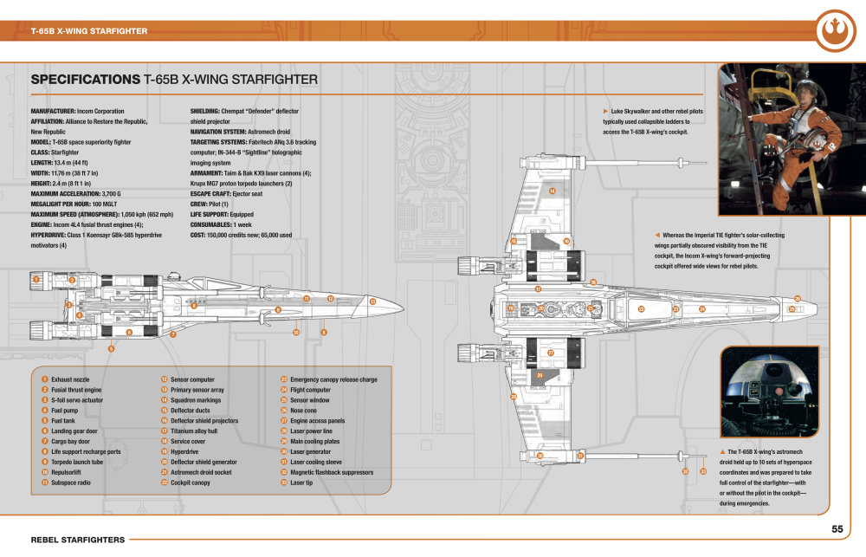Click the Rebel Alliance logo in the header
click(835, 31)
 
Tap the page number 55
click(837, 529)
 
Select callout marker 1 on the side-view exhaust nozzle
click(36, 280)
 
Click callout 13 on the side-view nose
click(372, 301)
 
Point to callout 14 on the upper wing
click(552, 191)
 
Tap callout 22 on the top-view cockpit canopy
click(642, 309)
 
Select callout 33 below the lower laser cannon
click(703, 471)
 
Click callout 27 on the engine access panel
click(551, 353)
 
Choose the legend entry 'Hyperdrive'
click(185, 451)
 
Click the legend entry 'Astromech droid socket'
click(201, 472)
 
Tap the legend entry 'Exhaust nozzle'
click(70, 379)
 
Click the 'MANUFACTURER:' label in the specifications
click(56, 112)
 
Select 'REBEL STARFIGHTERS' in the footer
click(77, 539)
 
